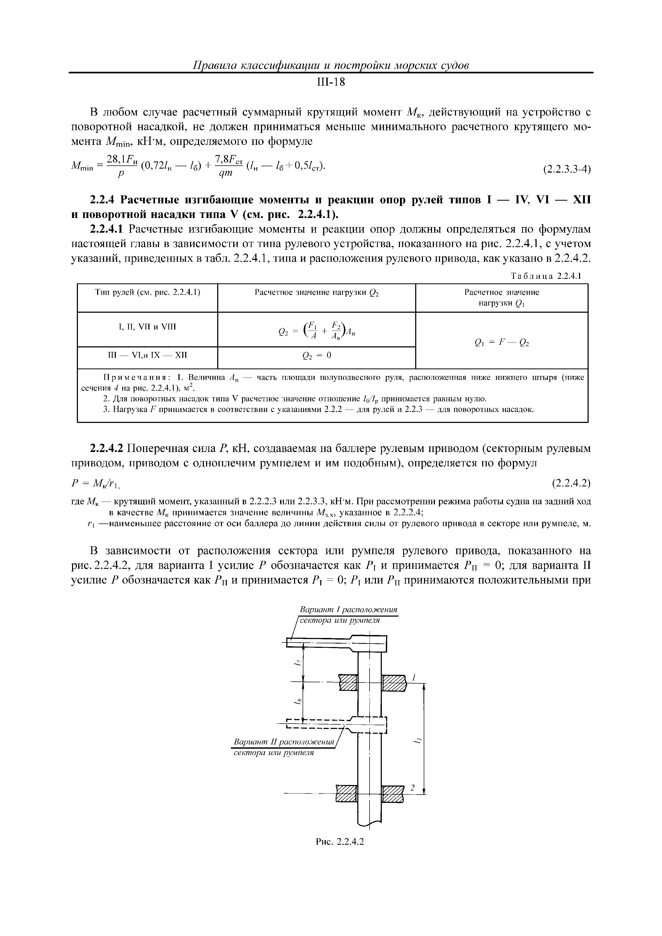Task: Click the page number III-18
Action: (331, 83)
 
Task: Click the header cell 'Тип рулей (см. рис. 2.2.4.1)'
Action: (148, 292)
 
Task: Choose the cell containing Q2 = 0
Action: (316, 355)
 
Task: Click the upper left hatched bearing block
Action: (348, 683)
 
